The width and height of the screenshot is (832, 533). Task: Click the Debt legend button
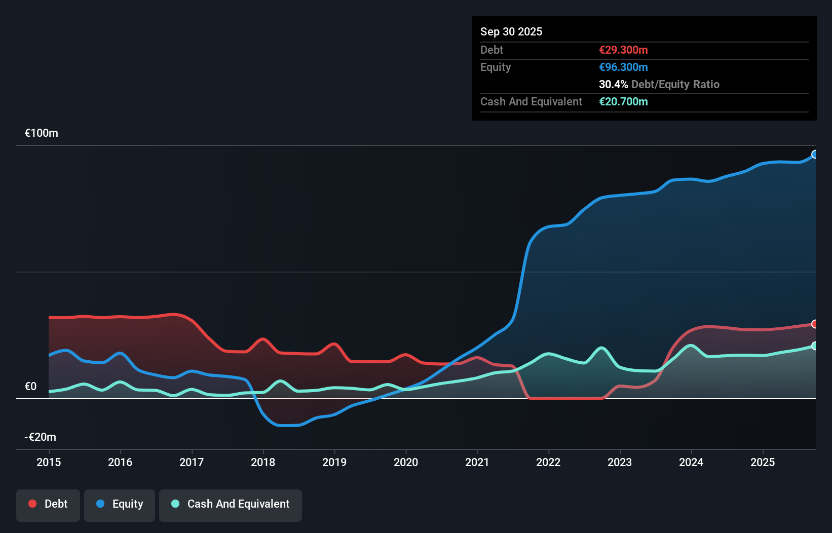(x=48, y=504)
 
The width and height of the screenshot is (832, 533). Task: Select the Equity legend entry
(x=120, y=504)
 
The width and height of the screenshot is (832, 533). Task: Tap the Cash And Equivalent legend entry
(x=231, y=504)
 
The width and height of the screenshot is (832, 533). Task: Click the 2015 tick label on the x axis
(x=49, y=462)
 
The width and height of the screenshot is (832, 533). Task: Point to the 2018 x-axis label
(x=263, y=462)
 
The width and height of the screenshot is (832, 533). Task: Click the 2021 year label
(x=477, y=462)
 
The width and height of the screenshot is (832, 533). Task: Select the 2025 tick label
(x=763, y=462)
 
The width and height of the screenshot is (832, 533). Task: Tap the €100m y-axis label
(x=42, y=133)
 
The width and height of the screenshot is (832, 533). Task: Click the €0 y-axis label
(x=30, y=387)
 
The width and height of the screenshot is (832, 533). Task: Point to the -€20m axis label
(x=41, y=437)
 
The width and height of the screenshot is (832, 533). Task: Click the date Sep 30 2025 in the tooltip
(x=511, y=32)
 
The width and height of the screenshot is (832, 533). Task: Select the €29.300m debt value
(x=623, y=50)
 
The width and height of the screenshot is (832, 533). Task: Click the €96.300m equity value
(x=623, y=67)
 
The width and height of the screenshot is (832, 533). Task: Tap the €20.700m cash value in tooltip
(x=623, y=102)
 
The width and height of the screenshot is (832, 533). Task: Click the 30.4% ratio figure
(x=613, y=85)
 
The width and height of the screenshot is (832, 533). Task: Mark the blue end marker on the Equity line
(x=815, y=155)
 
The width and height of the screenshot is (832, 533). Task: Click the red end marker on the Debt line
(x=815, y=324)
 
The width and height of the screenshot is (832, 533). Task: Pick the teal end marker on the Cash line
(x=815, y=346)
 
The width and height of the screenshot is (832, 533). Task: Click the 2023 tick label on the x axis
(x=620, y=462)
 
